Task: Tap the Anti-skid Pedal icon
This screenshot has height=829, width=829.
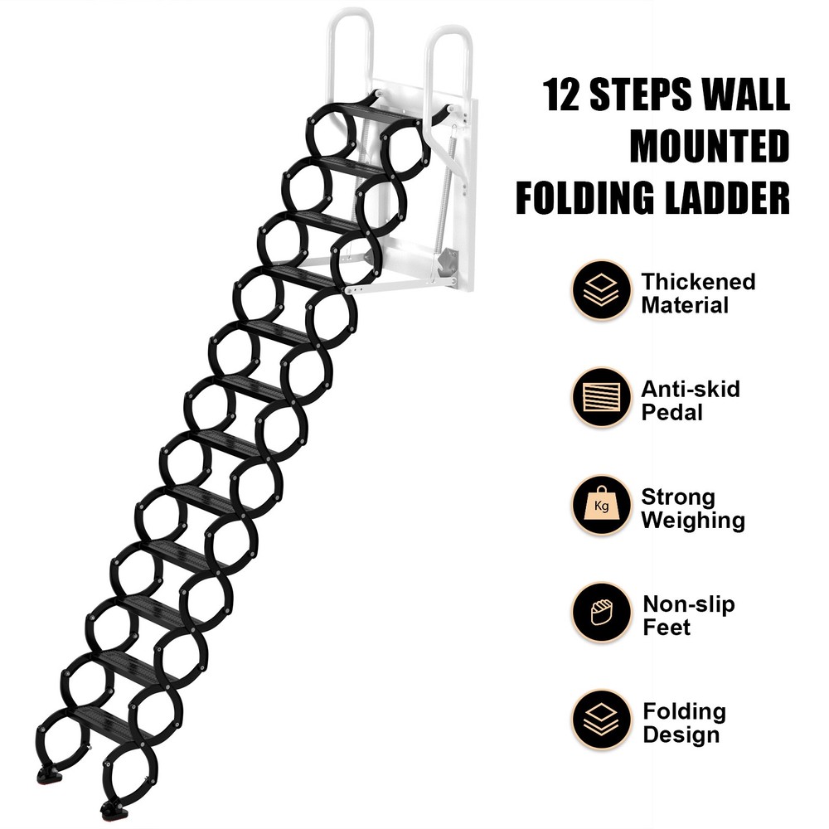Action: coord(600,397)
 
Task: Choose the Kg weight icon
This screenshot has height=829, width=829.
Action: coord(600,505)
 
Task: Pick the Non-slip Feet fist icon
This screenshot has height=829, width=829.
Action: coord(600,613)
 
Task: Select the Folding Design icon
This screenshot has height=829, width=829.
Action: coord(600,720)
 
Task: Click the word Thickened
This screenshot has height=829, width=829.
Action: coord(698,281)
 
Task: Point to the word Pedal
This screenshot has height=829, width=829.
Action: coord(672,412)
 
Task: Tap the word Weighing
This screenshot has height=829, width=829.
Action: coord(692,521)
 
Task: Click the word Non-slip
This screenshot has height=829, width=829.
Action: coord(688,604)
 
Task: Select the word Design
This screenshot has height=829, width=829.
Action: coord(681,735)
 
